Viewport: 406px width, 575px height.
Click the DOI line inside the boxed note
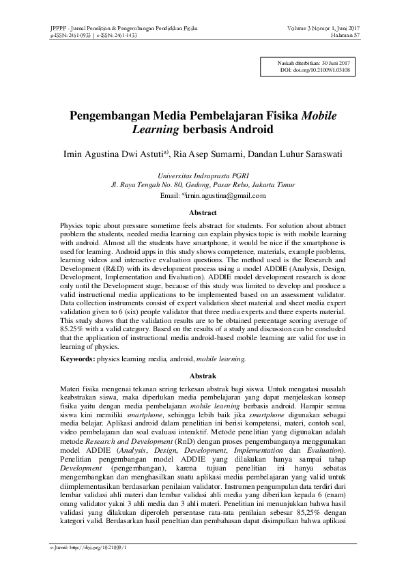tap(315, 70)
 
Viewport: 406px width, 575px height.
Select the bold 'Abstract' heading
tap(203, 213)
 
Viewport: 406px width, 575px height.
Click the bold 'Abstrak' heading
tap(203, 376)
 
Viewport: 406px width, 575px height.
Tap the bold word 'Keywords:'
tap(76, 357)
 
